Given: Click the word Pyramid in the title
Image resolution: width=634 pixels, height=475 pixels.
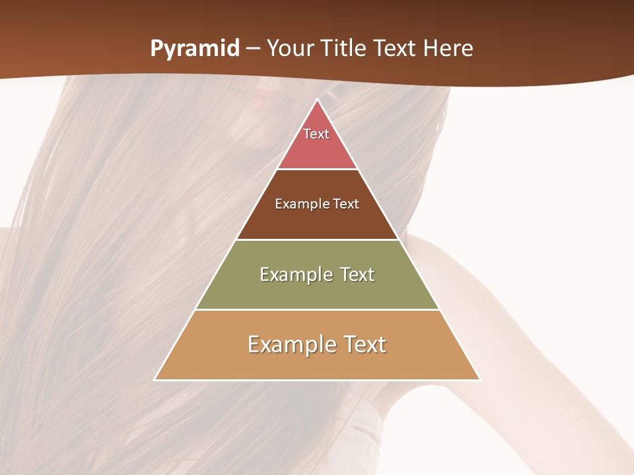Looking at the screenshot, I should tap(195, 49).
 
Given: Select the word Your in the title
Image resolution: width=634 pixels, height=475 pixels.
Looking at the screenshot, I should tap(289, 49).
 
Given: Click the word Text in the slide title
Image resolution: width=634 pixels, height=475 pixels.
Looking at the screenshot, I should tap(395, 49).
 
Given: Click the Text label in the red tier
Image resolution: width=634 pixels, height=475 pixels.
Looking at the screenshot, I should tap(316, 134).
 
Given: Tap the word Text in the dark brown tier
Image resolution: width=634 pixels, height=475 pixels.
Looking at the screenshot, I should tap(347, 204).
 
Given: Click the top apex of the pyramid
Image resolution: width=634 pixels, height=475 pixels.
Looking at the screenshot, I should tap(318, 100).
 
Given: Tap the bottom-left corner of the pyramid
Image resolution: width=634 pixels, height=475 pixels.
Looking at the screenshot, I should tap(155, 379).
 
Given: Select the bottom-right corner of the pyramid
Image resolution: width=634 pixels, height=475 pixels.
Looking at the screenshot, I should tap(479, 379).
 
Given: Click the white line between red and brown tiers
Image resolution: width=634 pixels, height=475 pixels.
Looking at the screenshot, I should tap(318, 170).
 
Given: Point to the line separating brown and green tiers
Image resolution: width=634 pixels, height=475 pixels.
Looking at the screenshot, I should tap(318, 239).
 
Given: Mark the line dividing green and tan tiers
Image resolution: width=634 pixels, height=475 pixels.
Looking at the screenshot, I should tap(318, 309).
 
